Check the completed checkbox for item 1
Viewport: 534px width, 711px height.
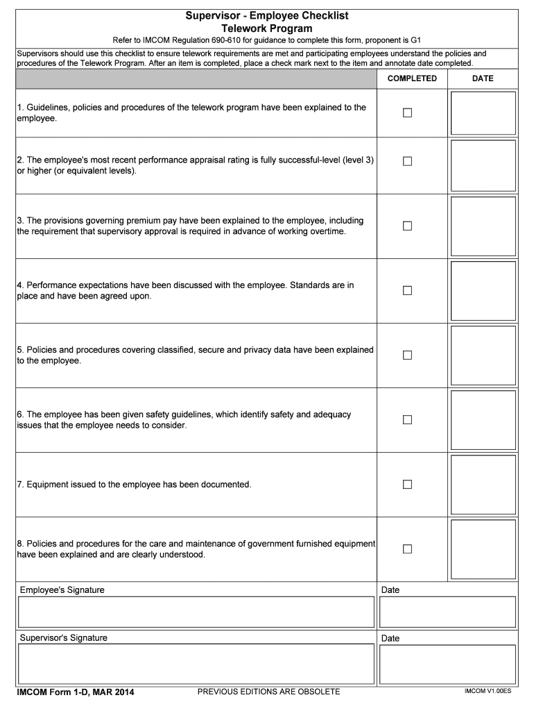(407, 113)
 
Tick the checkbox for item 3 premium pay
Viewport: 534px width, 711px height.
(407, 226)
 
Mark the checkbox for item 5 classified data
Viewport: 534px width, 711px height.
(407, 355)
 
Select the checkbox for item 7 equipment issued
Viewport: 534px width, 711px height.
(407, 484)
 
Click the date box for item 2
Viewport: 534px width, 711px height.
(483, 166)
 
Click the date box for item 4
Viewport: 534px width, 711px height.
(483, 291)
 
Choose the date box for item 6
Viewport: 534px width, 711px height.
(483, 420)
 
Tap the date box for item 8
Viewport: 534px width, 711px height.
(483, 549)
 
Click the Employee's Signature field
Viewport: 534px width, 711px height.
(196, 612)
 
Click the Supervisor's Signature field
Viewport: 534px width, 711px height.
(196, 664)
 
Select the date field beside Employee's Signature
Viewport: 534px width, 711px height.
(447, 612)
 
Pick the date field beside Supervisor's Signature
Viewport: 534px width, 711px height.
(447, 664)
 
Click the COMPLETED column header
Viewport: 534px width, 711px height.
(412, 78)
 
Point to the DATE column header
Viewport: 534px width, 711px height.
(483, 78)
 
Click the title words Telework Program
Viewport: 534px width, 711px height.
(266, 28)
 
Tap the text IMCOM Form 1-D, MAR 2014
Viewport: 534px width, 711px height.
(76, 692)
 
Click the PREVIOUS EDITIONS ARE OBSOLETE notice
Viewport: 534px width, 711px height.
(268, 692)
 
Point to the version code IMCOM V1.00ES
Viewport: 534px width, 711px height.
(488, 692)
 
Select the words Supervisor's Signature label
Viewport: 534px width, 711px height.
(64, 637)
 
